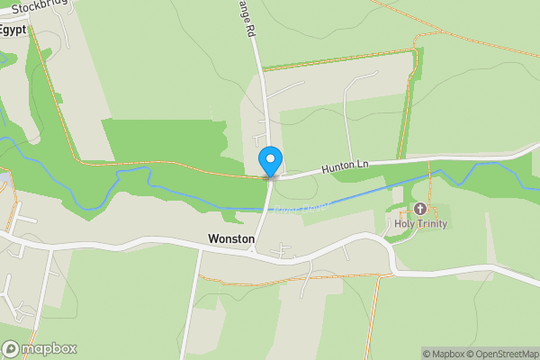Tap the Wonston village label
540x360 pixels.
[231, 239]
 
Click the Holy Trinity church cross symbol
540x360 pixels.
[420, 209]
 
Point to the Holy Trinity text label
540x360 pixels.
[420, 223]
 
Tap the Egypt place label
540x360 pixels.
[12, 30]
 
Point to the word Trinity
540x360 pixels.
[431, 223]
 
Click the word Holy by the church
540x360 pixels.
[404, 223]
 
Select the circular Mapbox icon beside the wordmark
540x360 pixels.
[11, 348]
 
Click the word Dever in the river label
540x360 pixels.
[315, 207]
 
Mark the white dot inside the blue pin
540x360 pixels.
[270, 158]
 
